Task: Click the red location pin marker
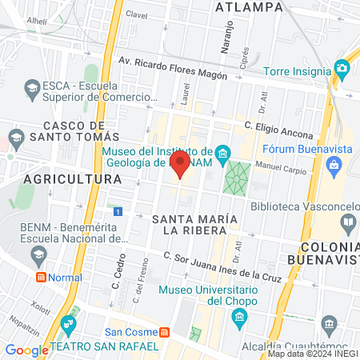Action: pos(180,165)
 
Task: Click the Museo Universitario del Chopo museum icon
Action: pos(238,318)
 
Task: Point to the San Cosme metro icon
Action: pos(164,332)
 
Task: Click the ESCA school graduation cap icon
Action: pos(33,86)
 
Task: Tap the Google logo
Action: pos(26,350)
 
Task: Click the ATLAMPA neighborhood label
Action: pos(250,7)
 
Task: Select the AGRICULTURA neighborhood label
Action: pos(72,179)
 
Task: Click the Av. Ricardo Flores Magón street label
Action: pos(172,68)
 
